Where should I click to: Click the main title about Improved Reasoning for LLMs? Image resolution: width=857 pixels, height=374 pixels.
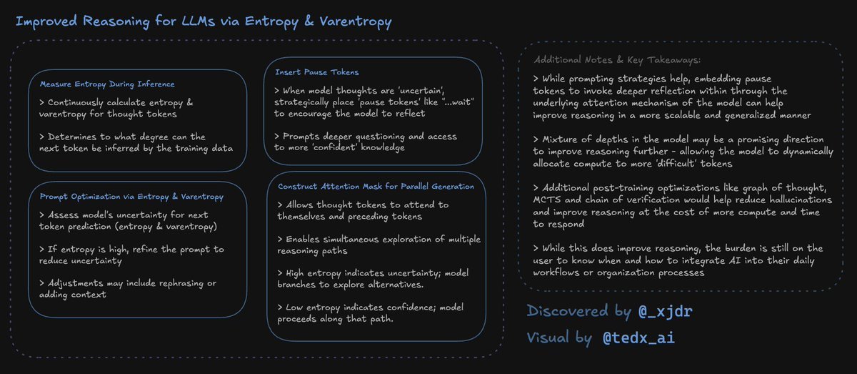(x=203, y=22)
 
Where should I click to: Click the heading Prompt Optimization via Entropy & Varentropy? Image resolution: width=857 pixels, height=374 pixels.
(x=132, y=196)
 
